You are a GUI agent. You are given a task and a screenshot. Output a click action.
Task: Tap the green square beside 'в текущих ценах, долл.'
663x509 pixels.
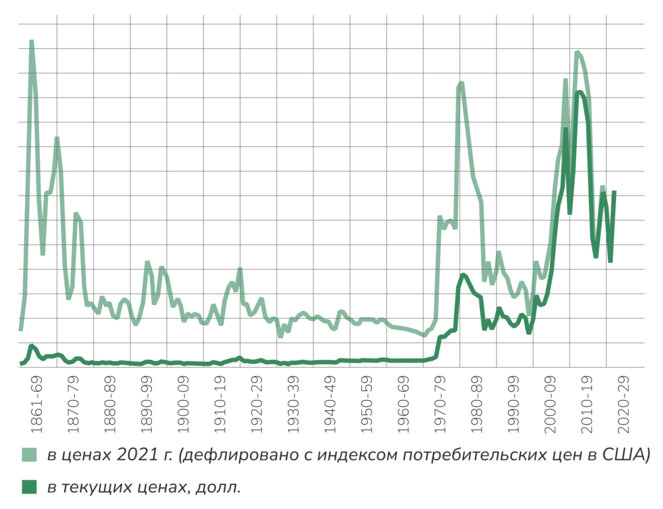click(29, 487)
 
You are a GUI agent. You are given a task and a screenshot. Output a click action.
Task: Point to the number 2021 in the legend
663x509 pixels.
click(135, 455)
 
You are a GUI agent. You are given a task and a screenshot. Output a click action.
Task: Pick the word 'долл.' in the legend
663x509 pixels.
click(219, 488)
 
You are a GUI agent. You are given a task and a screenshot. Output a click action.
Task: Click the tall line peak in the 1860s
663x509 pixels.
click(31, 42)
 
